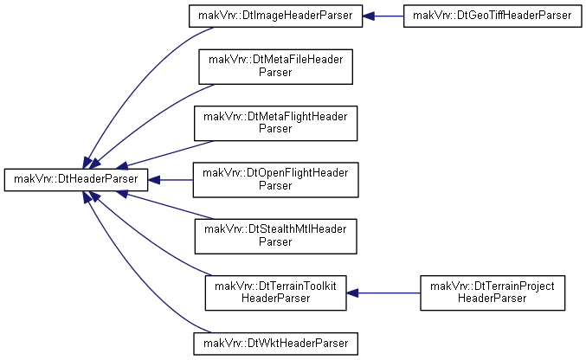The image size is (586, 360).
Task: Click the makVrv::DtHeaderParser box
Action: (x=76, y=180)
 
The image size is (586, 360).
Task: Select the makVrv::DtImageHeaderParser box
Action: (x=275, y=16)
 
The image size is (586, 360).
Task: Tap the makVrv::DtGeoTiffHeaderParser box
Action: (x=493, y=16)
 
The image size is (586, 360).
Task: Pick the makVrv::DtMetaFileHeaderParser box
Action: (x=275, y=67)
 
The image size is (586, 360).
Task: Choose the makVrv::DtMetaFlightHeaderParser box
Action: (x=275, y=124)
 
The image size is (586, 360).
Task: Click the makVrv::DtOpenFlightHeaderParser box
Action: (x=275, y=180)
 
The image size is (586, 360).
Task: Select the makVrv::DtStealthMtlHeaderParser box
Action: (x=275, y=236)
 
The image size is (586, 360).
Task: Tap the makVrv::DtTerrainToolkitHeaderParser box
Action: (x=275, y=293)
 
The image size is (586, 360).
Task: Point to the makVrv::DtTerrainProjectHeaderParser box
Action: (x=493, y=293)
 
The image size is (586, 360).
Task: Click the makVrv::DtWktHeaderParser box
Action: (x=275, y=344)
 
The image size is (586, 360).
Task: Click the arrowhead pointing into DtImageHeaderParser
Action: (x=369, y=16)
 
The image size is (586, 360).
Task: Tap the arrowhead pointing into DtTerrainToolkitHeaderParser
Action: (x=352, y=293)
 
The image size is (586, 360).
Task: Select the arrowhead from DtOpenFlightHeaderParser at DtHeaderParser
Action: (x=154, y=180)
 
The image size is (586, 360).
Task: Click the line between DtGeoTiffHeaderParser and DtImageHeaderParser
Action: (x=389, y=16)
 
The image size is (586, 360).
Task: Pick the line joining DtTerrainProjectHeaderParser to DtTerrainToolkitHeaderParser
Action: (x=389, y=293)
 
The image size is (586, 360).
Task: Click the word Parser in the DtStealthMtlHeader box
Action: (x=275, y=241)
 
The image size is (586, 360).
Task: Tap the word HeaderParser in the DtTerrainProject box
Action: (x=493, y=299)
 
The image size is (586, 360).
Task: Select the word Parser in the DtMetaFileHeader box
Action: (x=275, y=72)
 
